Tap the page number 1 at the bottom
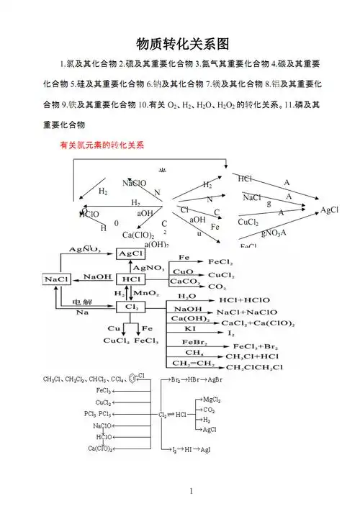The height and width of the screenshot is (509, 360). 192,491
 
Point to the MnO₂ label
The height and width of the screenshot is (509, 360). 147,294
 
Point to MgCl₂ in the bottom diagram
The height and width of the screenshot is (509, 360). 211,400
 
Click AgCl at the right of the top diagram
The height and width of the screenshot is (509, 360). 330,210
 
